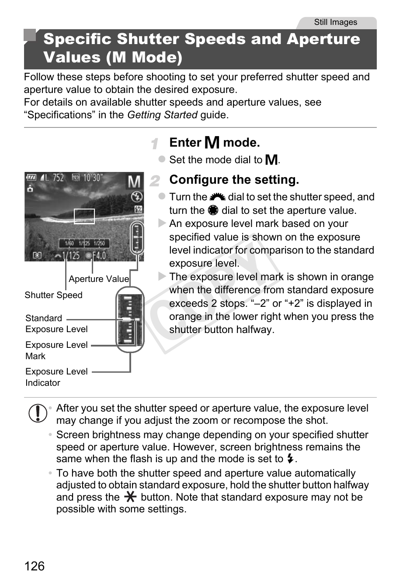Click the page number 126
pos(35,566)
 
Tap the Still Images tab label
pos(335,22)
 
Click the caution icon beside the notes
pos(38,413)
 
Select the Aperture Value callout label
pos(99,279)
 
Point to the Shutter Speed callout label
pos(53,295)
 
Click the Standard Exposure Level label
pos(56,323)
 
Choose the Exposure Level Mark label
pos(56,350)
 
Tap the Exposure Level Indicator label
pos(56,377)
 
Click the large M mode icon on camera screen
pos(134,182)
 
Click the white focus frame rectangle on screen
pos(84,216)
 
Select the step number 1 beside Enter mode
pos(154,143)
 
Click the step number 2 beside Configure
pos(155,180)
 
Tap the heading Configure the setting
pos(234,180)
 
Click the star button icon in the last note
pos(130,497)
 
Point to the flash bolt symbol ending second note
pos(290,459)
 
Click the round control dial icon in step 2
pos(213,210)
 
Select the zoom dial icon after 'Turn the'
pos(217,197)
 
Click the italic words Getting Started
pos(162,115)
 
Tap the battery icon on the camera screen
pos(31,178)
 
